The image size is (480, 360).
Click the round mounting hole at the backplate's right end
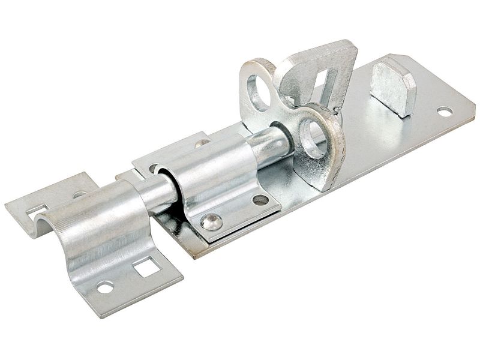coord(444,111)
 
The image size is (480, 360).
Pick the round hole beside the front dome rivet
coord(260,200)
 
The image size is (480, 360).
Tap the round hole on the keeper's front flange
coord(105,287)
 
